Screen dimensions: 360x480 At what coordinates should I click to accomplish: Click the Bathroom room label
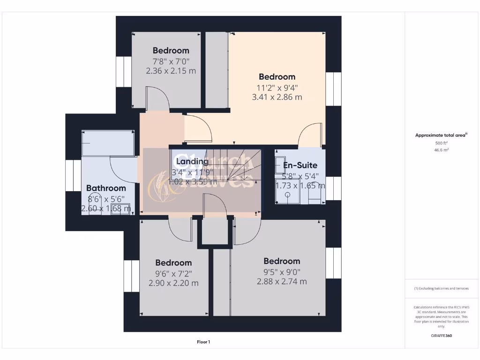point(106,188)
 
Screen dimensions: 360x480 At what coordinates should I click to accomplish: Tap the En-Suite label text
point(300,165)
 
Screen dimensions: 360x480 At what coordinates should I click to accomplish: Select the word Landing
point(192,162)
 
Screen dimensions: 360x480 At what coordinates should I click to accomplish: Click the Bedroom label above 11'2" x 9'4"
point(277,76)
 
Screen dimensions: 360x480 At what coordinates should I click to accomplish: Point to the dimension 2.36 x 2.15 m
point(171,71)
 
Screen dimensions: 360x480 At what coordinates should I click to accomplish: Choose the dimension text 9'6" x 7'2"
point(173,273)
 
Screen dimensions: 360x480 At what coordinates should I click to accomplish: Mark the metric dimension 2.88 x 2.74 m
point(282,281)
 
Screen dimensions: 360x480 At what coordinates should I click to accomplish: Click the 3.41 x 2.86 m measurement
point(277,97)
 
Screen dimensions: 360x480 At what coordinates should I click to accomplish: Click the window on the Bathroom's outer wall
point(73,175)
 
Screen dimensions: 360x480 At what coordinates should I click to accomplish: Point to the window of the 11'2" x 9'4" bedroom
point(333,89)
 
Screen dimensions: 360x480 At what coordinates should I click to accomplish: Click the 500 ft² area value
point(441,143)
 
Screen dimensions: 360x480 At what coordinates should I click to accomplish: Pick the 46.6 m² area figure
point(441,150)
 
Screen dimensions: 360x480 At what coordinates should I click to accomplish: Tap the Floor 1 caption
point(203,342)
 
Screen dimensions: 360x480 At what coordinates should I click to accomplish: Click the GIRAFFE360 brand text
point(441,336)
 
